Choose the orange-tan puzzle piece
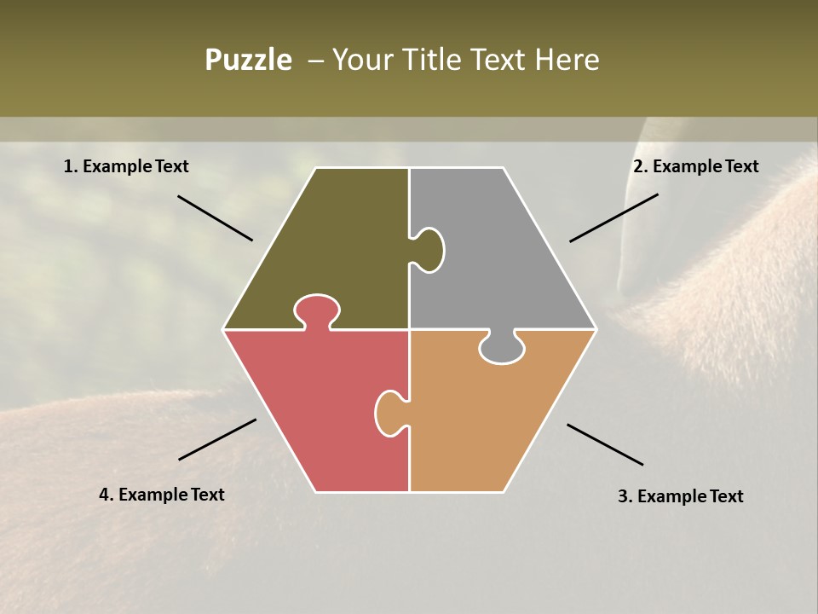tap(486, 418)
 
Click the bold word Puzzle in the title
tap(248, 60)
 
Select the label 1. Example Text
tap(126, 166)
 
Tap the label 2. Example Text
tap(695, 166)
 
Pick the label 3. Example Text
tap(680, 496)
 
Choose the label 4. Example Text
tap(161, 495)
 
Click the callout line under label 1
tap(215, 218)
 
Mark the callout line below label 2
tap(613, 217)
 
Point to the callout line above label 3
tap(605, 444)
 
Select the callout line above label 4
tap(217, 439)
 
